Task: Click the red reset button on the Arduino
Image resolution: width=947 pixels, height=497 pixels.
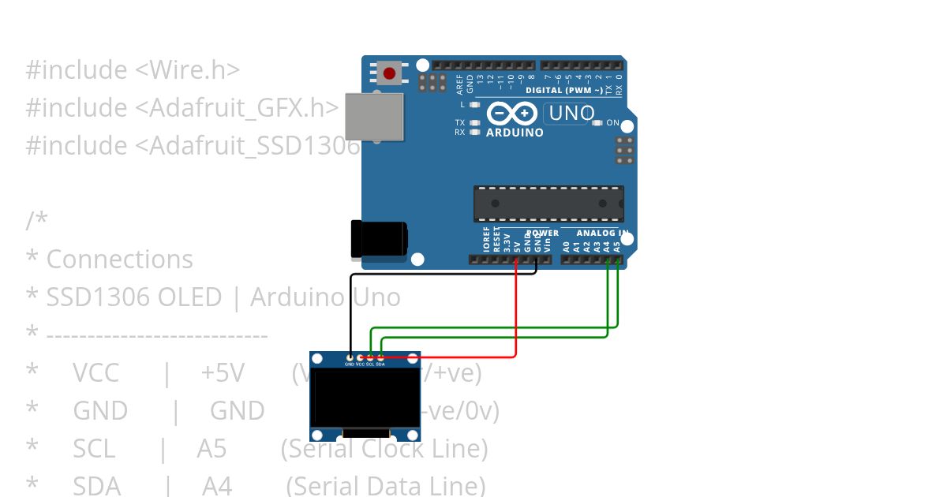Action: [388, 74]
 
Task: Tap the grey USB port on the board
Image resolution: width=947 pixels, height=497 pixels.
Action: [373, 117]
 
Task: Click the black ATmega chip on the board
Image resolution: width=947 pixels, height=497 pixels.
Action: [548, 204]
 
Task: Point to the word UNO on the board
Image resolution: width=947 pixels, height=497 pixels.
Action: [571, 114]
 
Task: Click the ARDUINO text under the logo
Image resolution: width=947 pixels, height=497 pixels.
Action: [515, 133]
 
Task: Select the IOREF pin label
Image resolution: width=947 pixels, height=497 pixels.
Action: [487, 240]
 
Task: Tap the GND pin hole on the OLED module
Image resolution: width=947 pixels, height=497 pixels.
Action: [350, 358]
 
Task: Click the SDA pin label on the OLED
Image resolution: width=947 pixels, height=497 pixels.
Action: [380, 364]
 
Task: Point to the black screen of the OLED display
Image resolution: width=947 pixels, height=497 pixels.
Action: [365, 398]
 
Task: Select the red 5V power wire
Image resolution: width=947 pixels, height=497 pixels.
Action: [516, 316]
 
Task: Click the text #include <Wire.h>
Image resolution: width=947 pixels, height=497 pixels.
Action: [133, 70]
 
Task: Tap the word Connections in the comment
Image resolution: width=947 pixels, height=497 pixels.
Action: [119, 260]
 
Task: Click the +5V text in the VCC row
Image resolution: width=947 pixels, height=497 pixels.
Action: [223, 373]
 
